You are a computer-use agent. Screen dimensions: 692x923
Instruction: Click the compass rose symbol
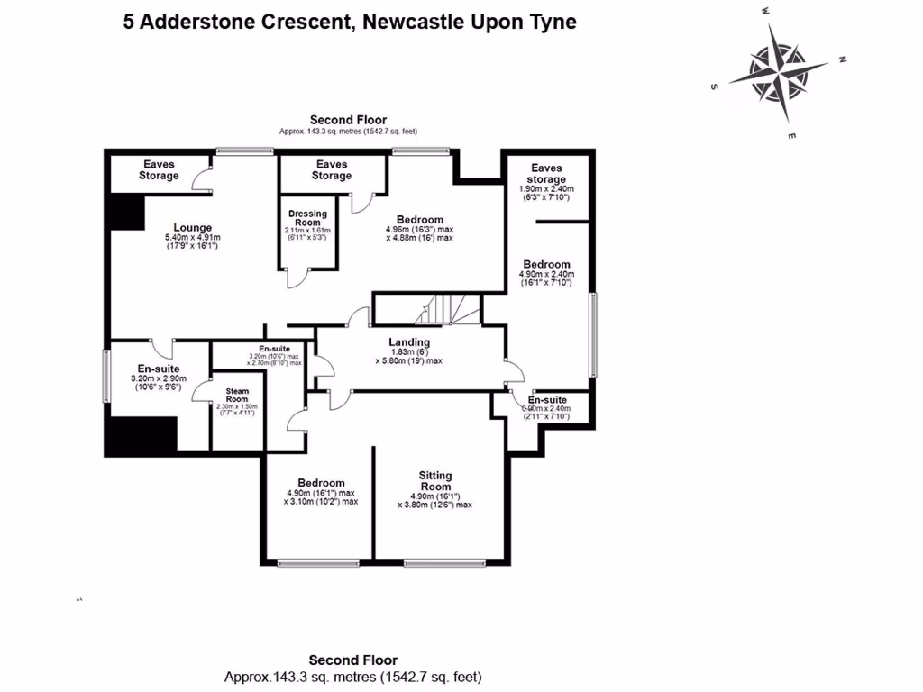(x=779, y=72)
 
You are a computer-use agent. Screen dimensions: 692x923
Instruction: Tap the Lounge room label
(x=192, y=228)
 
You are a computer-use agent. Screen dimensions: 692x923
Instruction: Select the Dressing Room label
(x=308, y=218)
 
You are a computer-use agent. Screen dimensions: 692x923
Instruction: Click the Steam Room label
(x=237, y=396)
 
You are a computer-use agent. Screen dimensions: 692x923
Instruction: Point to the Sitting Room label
(x=435, y=481)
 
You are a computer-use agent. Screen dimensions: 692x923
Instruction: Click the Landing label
(x=409, y=342)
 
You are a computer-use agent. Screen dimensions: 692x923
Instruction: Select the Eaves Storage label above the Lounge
(x=159, y=169)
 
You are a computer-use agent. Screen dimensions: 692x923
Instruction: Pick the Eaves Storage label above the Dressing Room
(x=332, y=169)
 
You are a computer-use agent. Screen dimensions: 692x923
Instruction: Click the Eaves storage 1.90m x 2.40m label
(x=546, y=174)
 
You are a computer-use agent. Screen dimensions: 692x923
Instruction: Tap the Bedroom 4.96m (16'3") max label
(x=419, y=220)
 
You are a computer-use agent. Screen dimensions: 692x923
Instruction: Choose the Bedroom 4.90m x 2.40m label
(x=546, y=264)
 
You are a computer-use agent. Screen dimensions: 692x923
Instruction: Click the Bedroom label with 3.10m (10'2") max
(x=321, y=483)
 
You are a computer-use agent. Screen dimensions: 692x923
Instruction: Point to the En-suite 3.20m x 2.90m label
(x=159, y=369)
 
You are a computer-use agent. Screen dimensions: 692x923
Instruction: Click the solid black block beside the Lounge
(x=126, y=214)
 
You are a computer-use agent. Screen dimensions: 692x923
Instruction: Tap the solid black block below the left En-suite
(x=140, y=437)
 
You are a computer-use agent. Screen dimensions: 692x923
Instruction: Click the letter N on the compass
(x=842, y=60)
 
